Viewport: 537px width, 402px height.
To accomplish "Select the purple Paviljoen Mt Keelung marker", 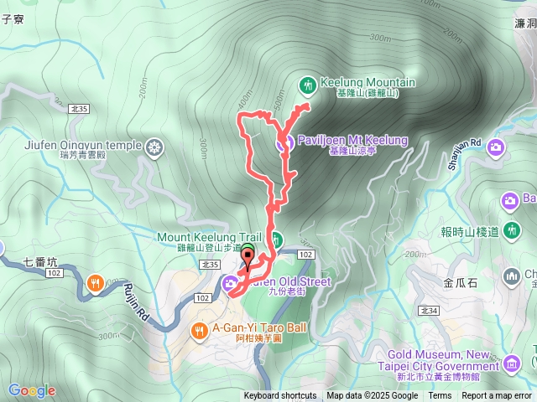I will pyautogui.click(x=284, y=142).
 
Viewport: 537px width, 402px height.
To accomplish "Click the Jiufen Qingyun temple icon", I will pyautogui.click(x=154, y=148).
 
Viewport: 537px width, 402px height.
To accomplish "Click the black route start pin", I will pyautogui.click(x=247, y=255).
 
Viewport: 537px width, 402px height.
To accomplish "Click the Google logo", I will pyautogui.click(x=32, y=390).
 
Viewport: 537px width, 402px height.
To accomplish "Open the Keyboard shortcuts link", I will pyautogui.click(x=280, y=396).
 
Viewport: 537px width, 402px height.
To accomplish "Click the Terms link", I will pyautogui.click(x=440, y=396).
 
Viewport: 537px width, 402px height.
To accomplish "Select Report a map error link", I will pyautogui.click(x=498, y=396).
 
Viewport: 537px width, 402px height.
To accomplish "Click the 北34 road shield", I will pyautogui.click(x=429, y=311).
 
